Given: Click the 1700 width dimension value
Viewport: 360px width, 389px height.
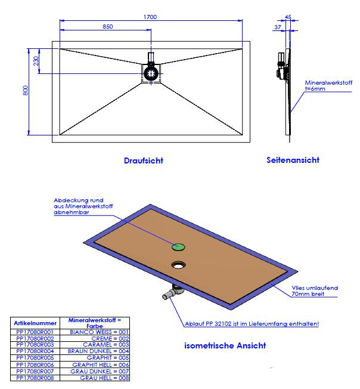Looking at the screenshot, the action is pyautogui.click(x=150, y=17).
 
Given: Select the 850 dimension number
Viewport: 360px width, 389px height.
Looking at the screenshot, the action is pyautogui.click(x=108, y=26).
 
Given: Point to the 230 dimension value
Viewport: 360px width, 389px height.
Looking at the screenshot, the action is pyautogui.click(x=36, y=61).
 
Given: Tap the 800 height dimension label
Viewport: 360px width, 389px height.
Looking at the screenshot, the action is pyautogui.click(x=25, y=90).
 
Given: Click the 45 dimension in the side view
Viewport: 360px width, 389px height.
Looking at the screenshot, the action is pyautogui.click(x=288, y=17).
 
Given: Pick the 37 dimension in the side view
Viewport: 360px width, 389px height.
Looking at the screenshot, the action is pyautogui.click(x=278, y=27).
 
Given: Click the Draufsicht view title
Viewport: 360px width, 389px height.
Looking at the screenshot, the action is pyautogui.click(x=144, y=160).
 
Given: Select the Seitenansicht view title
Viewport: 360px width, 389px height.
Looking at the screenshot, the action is pyautogui.click(x=293, y=160).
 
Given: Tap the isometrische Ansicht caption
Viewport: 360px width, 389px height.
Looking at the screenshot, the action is pyautogui.click(x=225, y=345).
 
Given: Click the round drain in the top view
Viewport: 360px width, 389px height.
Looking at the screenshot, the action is pyautogui.click(x=151, y=73).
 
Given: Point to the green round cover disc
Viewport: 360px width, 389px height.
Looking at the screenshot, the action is pyautogui.click(x=178, y=247).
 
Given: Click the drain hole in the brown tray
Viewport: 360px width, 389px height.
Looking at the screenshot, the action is pyautogui.click(x=178, y=265).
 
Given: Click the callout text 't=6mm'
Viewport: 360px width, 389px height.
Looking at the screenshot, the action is pyautogui.click(x=315, y=88).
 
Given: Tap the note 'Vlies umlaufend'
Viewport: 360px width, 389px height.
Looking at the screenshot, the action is pyautogui.click(x=315, y=288).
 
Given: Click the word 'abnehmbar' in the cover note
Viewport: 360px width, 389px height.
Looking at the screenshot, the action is pyautogui.click(x=72, y=212).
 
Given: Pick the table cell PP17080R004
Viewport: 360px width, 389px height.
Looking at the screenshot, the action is pyautogui.click(x=35, y=351).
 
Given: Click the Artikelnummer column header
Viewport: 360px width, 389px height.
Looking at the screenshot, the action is pyautogui.click(x=35, y=323).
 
